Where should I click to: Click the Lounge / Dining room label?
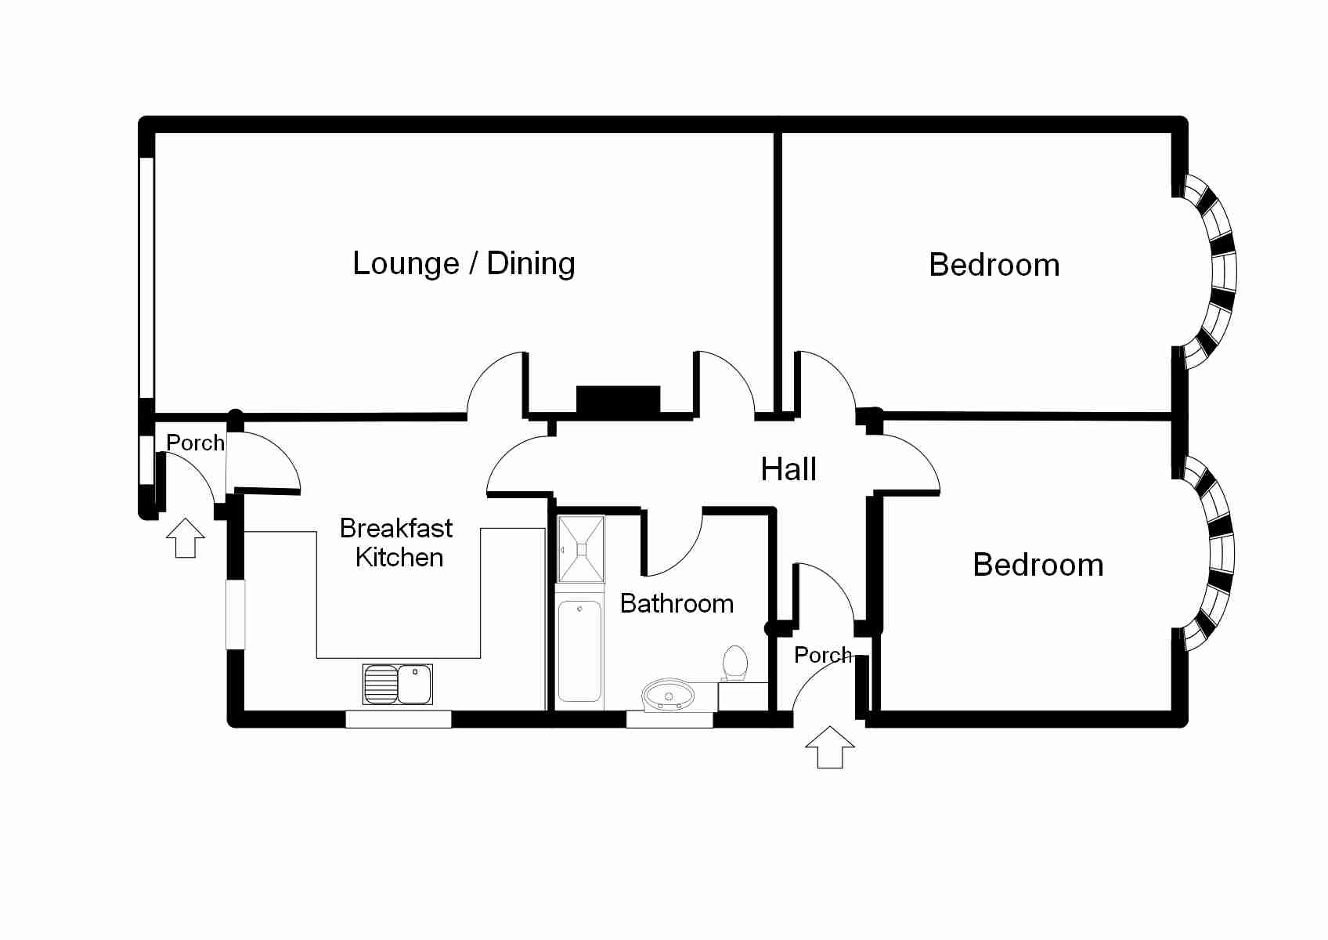(x=464, y=263)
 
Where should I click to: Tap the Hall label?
(x=788, y=469)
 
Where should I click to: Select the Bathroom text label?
(x=677, y=603)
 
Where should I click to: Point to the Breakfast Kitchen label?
(x=397, y=542)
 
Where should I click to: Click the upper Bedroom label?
(x=994, y=265)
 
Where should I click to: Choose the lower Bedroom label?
(x=1037, y=565)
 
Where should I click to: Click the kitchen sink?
(x=398, y=684)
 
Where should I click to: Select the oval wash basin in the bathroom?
(x=668, y=695)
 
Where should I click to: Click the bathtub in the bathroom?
(x=579, y=650)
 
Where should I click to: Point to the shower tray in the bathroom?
(x=580, y=548)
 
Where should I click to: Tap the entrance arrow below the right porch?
(x=830, y=747)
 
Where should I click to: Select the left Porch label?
(x=195, y=443)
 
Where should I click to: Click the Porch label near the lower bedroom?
(x=822, y=655)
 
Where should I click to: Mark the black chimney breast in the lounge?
(x=618, y=399)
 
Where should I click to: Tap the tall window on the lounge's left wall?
(x=146, y=277)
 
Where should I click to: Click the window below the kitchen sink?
(x=399, y=719)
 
